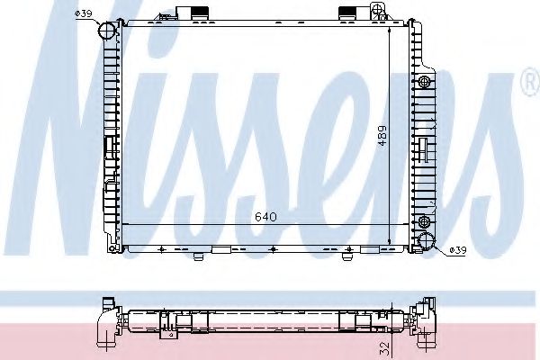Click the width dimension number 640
265,216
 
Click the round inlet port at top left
107,31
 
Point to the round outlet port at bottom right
427,240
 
